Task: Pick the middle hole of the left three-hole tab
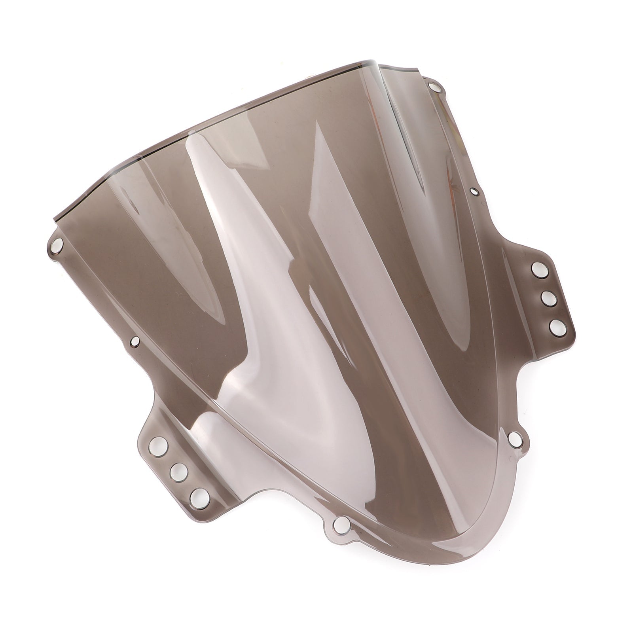(x=179, y=470)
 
